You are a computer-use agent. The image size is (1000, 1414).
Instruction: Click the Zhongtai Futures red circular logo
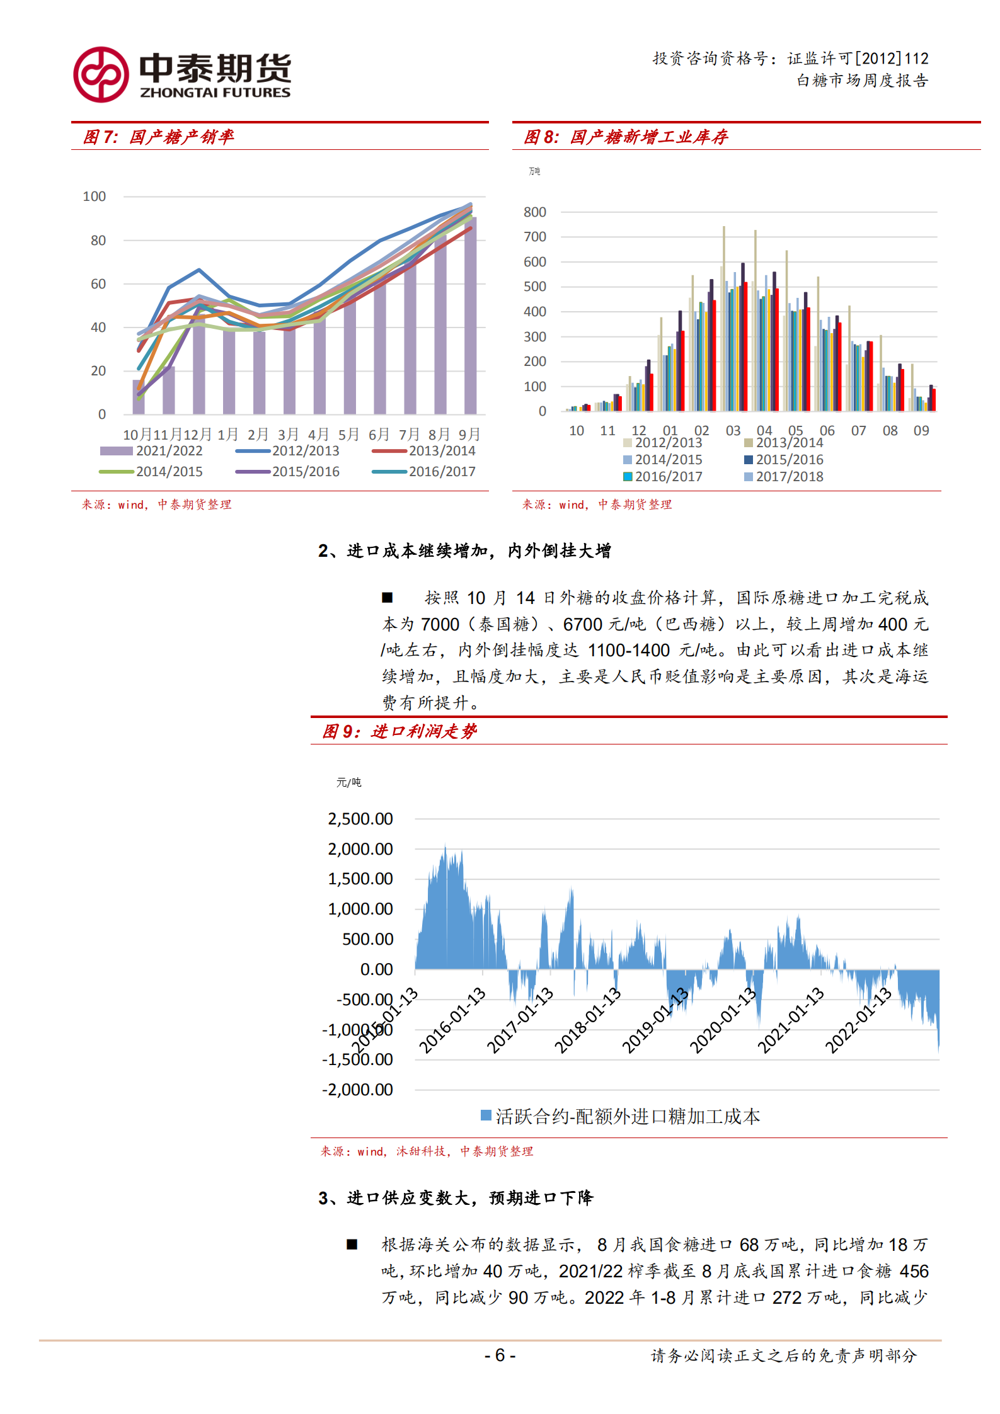click(101, 74)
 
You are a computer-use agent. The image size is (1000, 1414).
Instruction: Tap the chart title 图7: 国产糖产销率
click(158, 137)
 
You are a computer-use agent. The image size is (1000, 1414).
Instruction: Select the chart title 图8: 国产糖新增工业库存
click(626, 137)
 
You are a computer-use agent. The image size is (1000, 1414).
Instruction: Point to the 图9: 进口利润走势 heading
click(399, 731)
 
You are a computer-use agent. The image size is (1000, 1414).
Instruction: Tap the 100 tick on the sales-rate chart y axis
click(95, 197)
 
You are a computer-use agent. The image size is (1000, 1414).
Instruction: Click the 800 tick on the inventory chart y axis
click(534, 212)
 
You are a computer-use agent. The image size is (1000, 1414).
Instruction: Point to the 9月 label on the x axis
click(469, 435)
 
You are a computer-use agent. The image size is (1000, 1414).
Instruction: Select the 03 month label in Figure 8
click(733, 431)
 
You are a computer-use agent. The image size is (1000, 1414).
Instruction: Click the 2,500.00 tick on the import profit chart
click(360, 819)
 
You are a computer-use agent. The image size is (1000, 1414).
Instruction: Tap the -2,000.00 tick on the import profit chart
click(357, 1090)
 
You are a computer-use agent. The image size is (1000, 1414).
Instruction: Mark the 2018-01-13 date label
click(587, 1020)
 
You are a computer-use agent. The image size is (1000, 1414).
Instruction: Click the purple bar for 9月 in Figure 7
click(470, 315)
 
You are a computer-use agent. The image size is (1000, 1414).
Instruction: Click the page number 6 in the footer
click(500, 1355)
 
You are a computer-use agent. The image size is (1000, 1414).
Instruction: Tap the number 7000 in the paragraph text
click(440, 624)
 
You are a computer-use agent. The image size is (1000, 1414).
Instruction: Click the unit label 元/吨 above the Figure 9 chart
click(348, 782)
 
